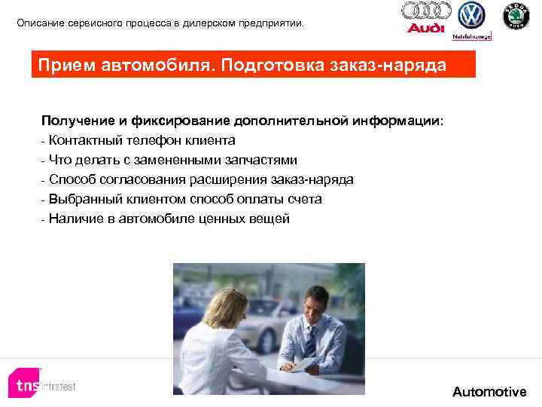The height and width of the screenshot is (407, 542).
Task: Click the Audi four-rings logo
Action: coord(426,11)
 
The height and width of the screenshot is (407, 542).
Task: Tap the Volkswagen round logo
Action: coord(472,15)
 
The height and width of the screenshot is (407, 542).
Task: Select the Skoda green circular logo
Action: coord(516,16)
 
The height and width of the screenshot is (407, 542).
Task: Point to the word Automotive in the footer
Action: coord(489,392)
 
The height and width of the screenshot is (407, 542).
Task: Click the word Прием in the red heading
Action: coord(68,65)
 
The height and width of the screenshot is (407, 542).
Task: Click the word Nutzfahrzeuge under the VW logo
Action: coord(472,35)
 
